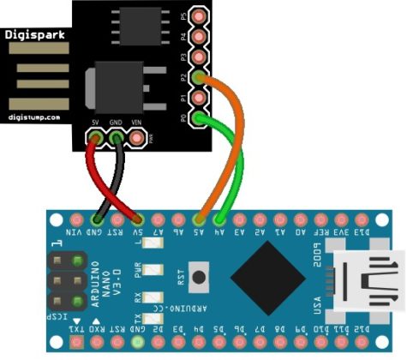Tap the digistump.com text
(x=33, y=117)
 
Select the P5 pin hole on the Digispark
(x=200, y=16)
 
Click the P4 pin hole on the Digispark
(x=200, y=37)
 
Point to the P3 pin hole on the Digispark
(x=200, y=57)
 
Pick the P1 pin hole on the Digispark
(x=200, y=98)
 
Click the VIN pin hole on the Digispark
(x=136, y=137)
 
